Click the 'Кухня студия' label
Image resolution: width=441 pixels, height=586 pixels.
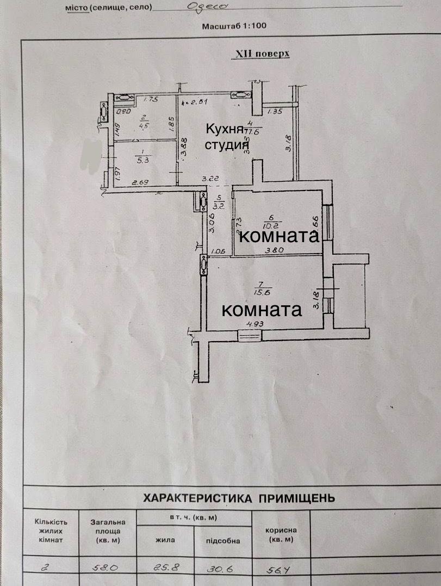(226, 137)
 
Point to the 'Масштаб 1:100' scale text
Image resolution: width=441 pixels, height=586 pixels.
(234, 26)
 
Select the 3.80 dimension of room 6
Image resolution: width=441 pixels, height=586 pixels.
(274, 251)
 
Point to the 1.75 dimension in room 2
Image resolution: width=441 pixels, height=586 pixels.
(150, 100)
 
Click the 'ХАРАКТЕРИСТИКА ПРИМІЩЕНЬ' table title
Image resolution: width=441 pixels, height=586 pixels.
(239, 498)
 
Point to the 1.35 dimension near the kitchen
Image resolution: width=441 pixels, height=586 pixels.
(276, 113)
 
